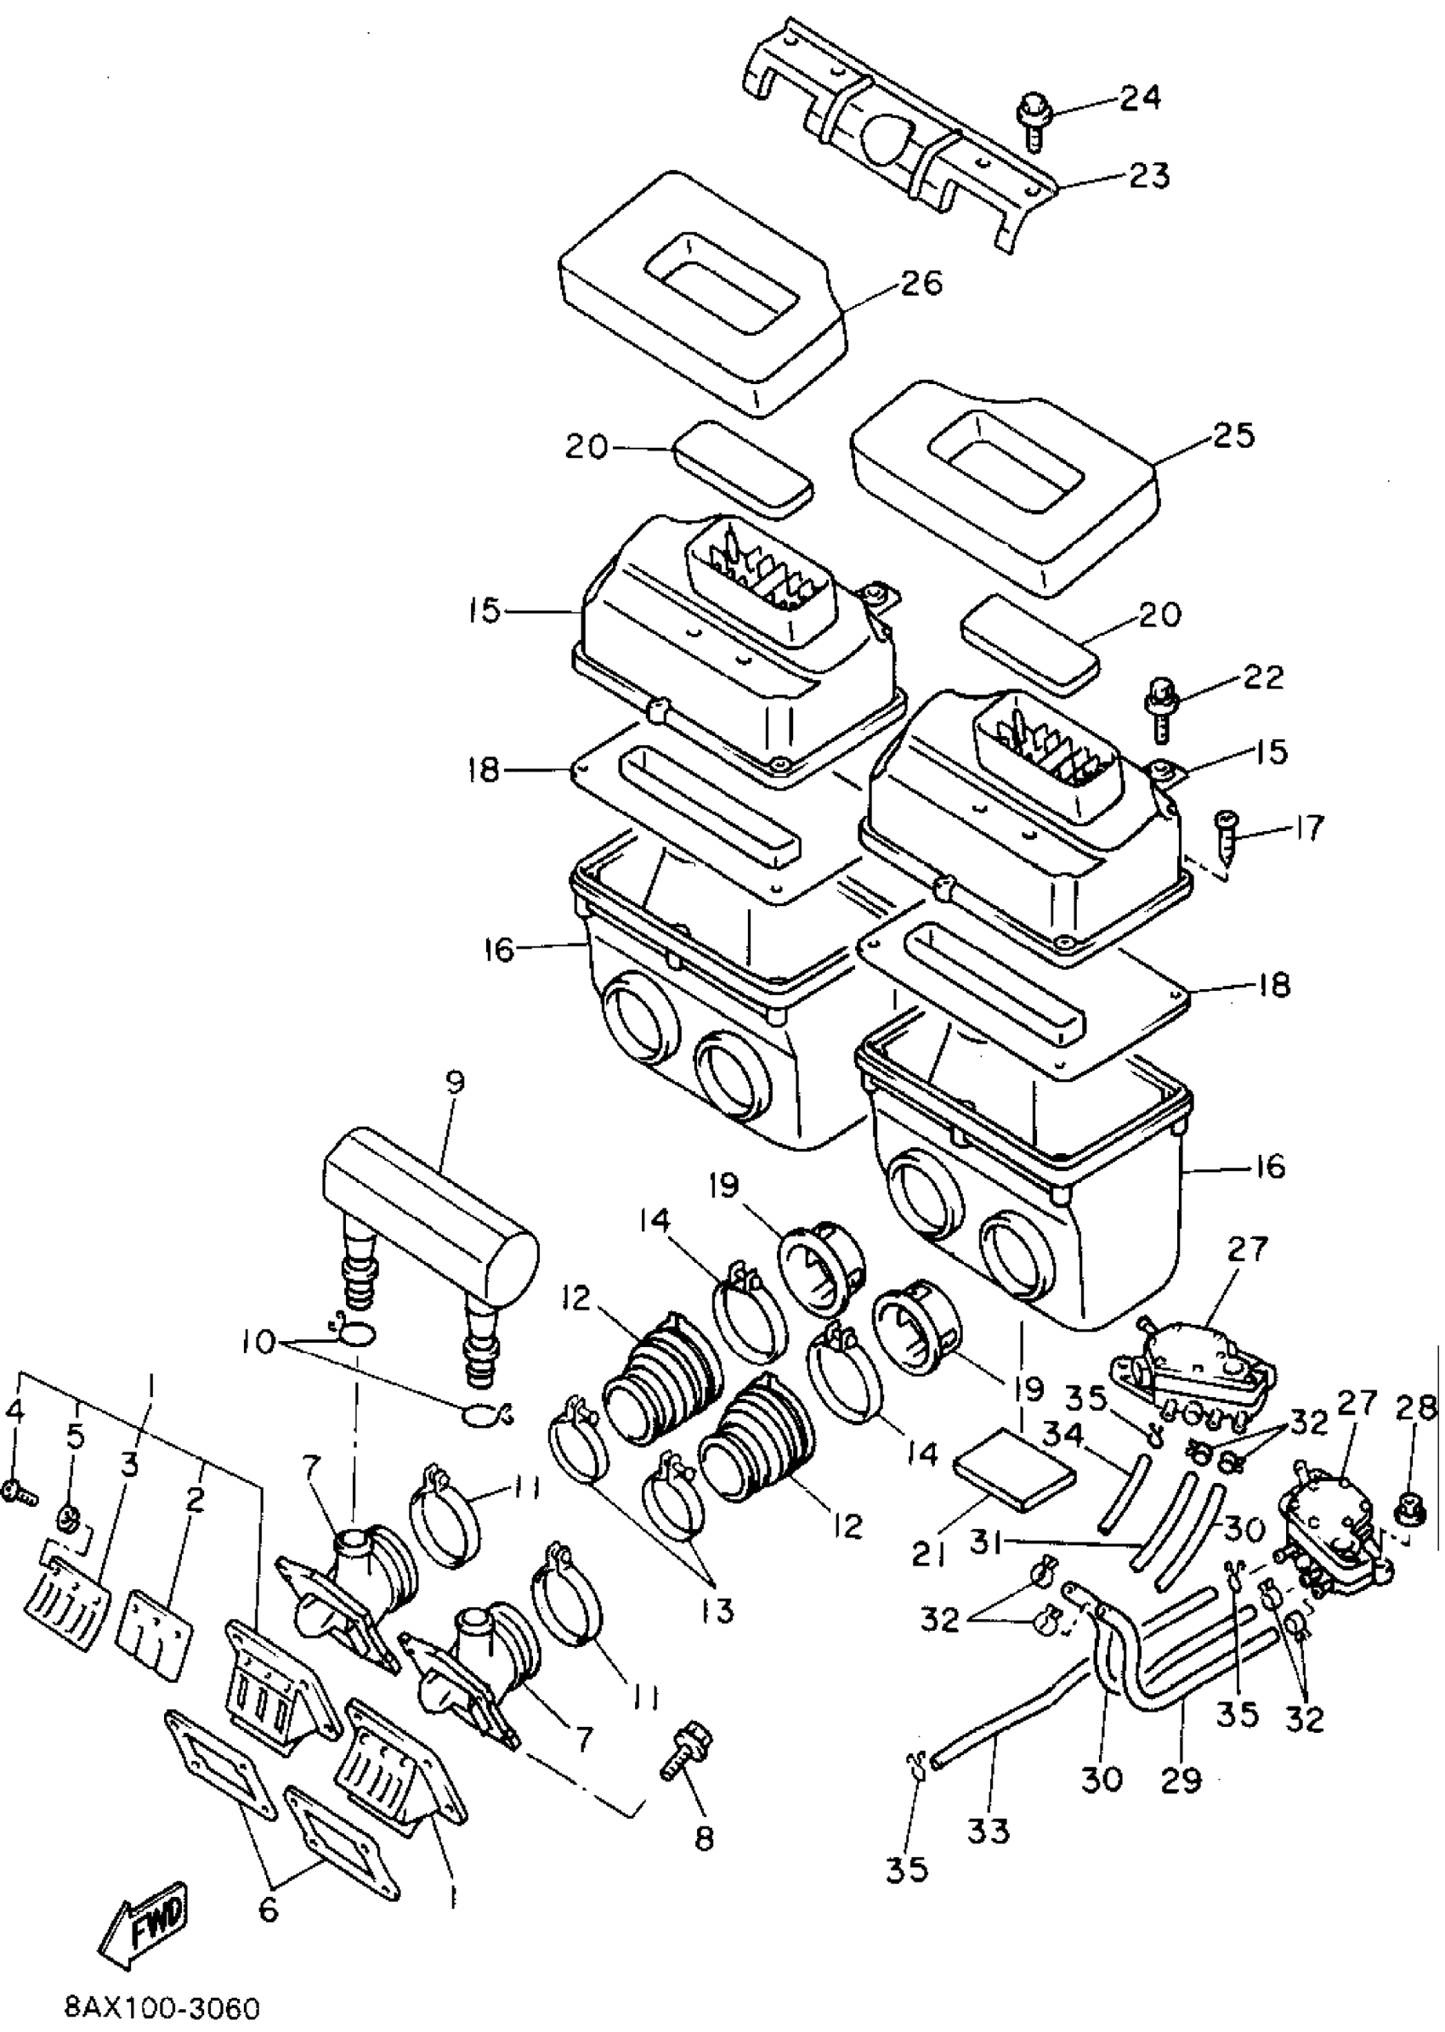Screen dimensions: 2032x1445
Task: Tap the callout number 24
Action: (1139, 98)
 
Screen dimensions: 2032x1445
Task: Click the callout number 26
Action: (920, 283)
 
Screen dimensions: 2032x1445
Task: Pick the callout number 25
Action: (1232, 436)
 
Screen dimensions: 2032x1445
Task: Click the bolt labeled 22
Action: (1158, 708)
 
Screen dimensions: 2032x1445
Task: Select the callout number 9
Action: (455, 1083)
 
